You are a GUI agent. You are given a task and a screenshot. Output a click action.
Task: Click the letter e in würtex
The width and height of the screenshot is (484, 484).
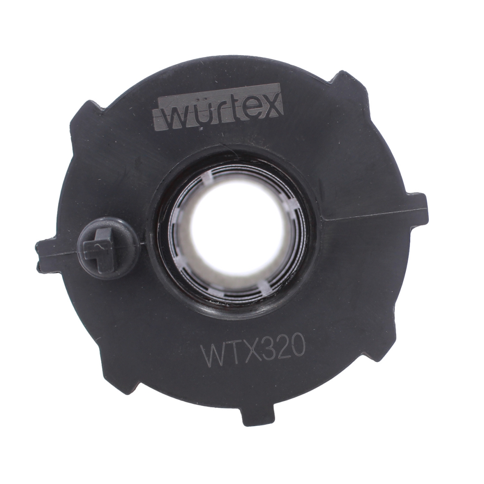click(246, 111)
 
